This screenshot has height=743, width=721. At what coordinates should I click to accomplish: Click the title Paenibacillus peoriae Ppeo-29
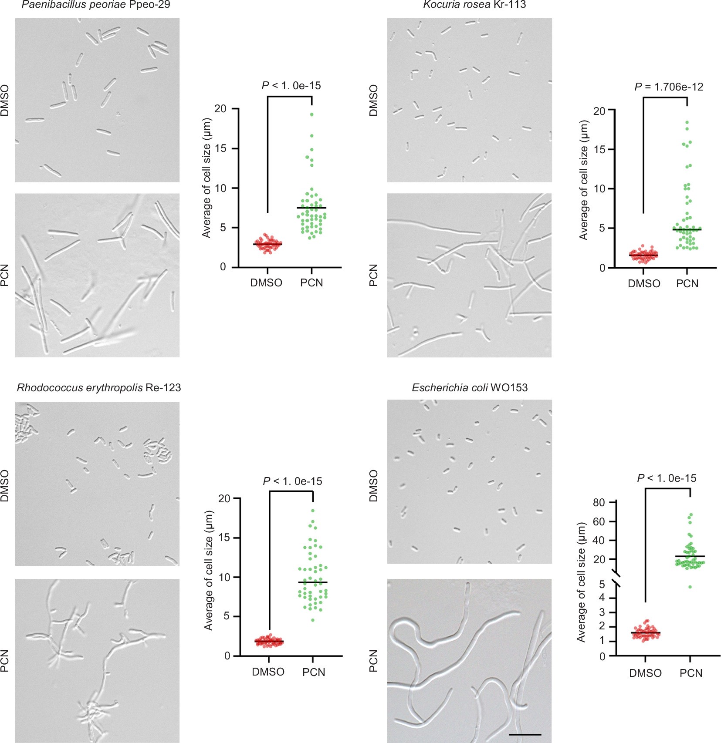[x=96, y=5]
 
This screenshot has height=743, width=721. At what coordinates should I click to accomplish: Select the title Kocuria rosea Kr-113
[x=474, y=5]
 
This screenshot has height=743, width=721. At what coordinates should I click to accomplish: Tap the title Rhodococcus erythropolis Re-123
[x=99, y=388]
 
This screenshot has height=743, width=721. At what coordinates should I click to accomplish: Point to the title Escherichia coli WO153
[x=470, y=388]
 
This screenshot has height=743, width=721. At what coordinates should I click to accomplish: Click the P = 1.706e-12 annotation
[x=669, y=87]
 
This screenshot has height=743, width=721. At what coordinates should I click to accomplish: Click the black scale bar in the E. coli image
[x=525, y=735]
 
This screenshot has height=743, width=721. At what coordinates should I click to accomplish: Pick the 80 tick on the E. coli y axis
[x=599, y=502]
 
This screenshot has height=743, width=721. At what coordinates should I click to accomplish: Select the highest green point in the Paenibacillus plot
[x=312, y=114]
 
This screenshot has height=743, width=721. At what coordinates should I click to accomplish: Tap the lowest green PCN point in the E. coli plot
[x=690, y=587]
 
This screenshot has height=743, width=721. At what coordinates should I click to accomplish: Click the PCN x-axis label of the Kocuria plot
[x=687, y=284]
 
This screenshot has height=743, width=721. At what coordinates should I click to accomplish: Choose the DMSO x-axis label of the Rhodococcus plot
[x=268, y=672]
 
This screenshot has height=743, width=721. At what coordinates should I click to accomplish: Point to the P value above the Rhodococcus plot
[x=292, y=481]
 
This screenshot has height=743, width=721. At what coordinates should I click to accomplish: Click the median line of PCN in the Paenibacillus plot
[x=311, y=208]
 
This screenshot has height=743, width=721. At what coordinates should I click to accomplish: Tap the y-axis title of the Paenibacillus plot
[x=206, y=178]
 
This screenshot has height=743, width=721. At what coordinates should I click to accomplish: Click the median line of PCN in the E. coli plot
[x=690, y=556]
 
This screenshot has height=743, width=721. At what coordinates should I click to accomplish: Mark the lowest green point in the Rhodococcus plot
[x=313, y=620]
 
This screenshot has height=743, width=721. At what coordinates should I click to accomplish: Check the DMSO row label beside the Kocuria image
[x=373, y=101]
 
